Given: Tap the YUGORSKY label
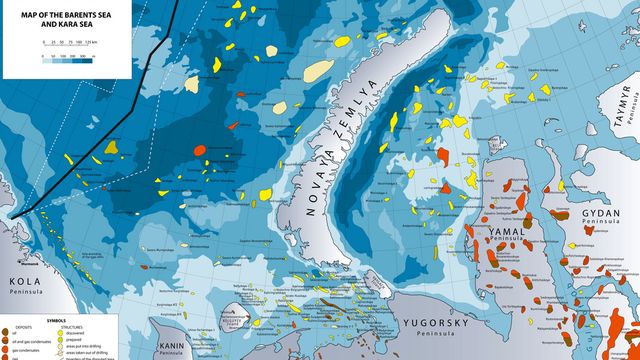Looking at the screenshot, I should (433, 324).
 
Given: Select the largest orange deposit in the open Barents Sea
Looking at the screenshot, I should (199, 150).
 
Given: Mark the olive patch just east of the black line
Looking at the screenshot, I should (112, 147).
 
